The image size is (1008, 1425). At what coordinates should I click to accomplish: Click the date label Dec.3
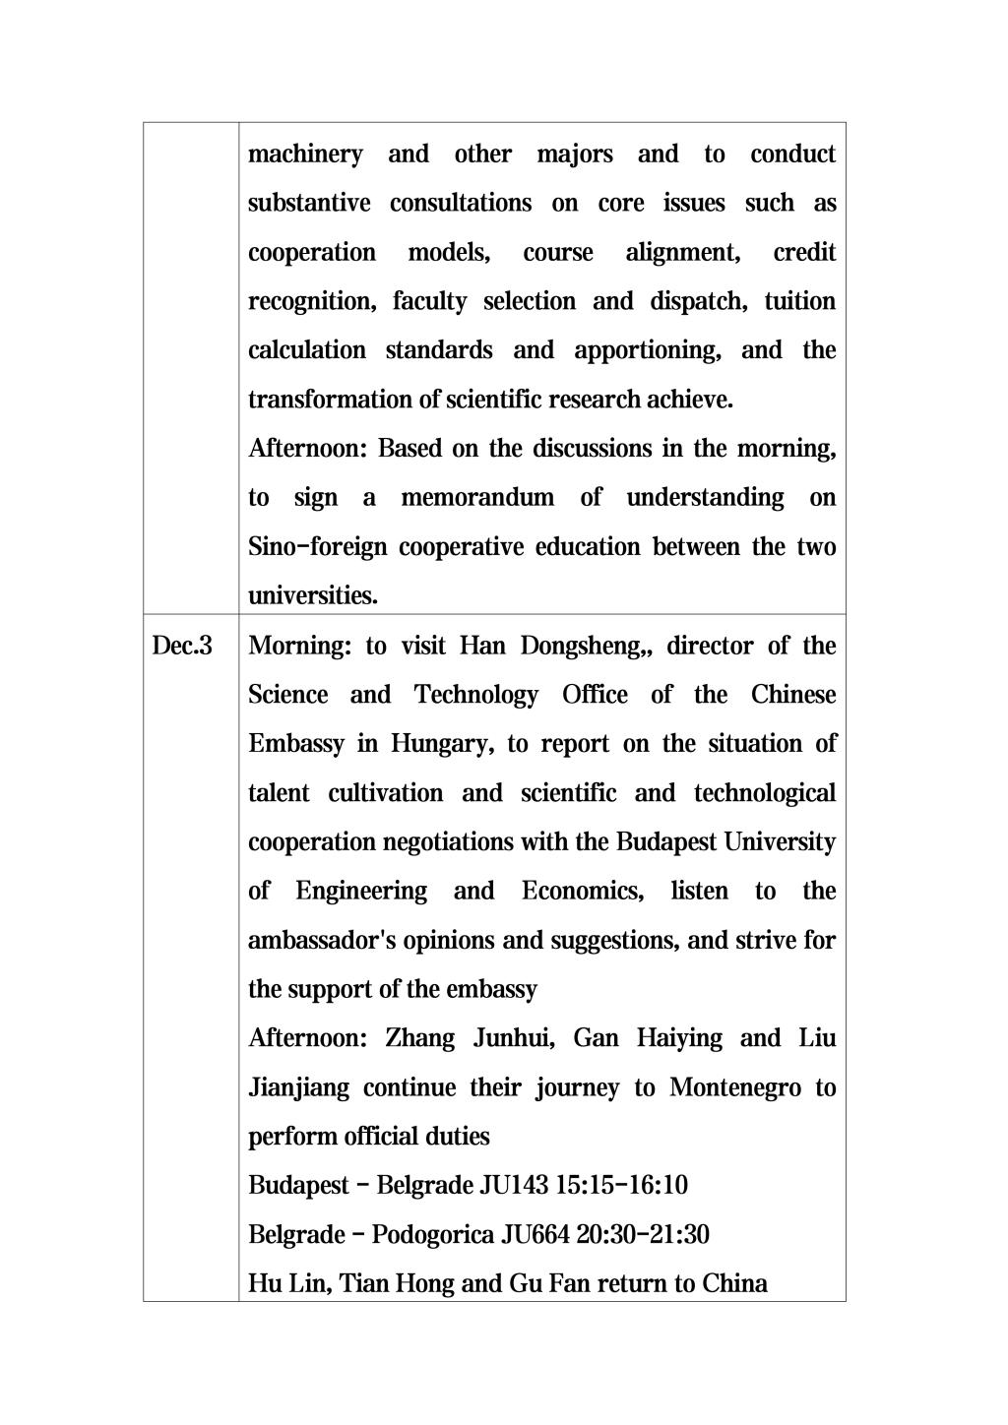tap(182, 647)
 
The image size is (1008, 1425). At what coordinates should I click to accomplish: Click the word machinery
tap(305, 155)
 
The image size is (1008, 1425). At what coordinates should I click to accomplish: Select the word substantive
tap(309, 204)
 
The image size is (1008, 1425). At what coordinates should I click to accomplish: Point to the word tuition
tap(799, 301)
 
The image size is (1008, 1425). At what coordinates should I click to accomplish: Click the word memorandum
tap(477, 498)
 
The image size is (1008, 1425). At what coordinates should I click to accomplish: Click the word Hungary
tap(442, 744)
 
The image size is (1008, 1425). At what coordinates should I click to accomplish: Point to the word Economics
tap(583, 892)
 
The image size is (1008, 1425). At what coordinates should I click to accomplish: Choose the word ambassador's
tap(322, 941)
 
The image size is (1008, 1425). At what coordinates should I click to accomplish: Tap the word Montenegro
tap(735, 1088)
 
